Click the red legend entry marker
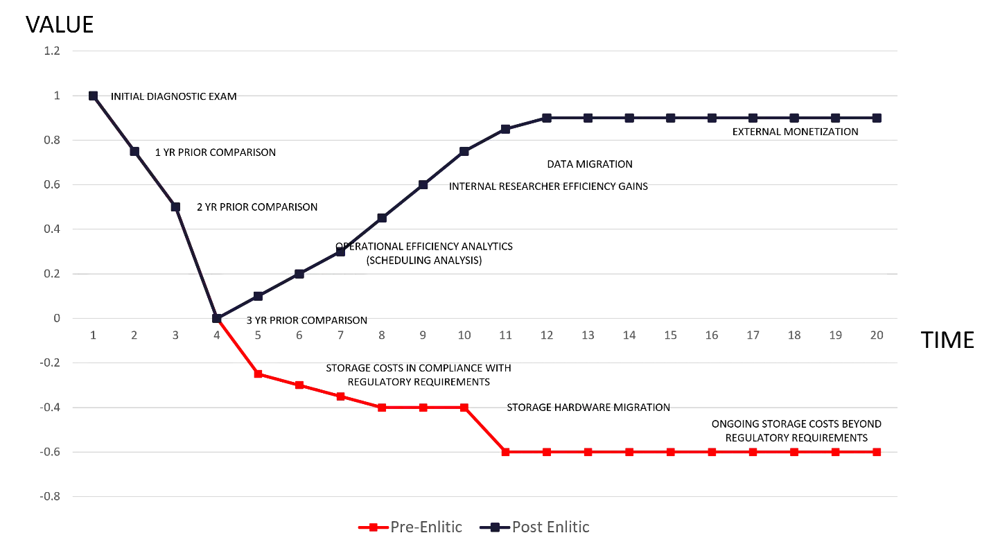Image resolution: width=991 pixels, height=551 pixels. click(374, 527)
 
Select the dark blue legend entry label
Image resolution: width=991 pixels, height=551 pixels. click(551, 527)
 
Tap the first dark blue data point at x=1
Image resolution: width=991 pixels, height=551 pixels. click(94, 96)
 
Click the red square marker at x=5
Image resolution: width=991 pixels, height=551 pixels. click(258, 373)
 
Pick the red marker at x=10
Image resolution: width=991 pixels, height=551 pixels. click(464, 408)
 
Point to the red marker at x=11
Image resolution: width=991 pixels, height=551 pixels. click(506, 452)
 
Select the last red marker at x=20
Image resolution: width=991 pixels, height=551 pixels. click(877, 452)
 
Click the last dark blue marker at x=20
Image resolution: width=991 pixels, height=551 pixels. click(877, 119)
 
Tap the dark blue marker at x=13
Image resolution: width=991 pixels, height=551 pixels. click(588, 119)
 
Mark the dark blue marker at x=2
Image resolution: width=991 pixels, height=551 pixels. click(134, 149)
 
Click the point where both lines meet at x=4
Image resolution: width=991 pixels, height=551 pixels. click(218, 319)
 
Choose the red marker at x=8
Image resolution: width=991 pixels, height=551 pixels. click(382, 408)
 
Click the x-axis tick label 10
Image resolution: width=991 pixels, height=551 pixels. click(464, 336)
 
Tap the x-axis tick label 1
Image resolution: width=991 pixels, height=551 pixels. click(94, 336)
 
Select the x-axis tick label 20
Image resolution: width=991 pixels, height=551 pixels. click(878, 336)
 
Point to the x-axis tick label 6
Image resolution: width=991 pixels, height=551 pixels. click(299, 336)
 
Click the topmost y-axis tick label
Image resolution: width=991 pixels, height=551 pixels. click(53, 51)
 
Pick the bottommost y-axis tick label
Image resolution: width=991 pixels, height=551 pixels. click(53, 496)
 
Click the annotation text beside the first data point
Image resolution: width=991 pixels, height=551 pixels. click(175, 97)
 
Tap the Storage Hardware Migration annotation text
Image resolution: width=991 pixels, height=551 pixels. click(588, 408)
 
